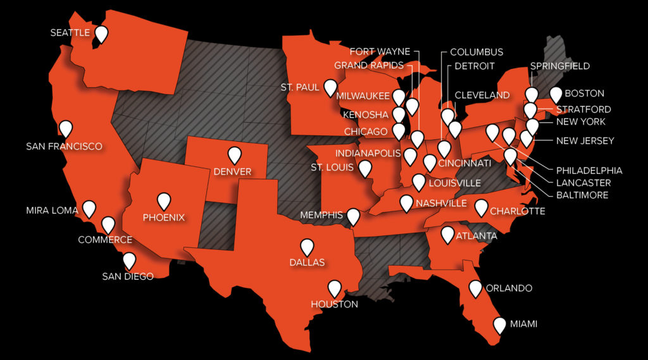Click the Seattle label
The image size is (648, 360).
(70, 32)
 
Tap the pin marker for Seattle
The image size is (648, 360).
(101, 34)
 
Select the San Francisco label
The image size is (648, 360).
(64, 146)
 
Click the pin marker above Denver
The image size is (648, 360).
(235, 154)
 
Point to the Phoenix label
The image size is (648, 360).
(164, 217)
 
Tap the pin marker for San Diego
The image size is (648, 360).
(129, 260)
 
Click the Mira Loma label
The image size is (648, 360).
(52, 209)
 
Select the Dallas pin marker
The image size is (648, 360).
(307, 246)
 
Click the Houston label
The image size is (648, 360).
(334, 304)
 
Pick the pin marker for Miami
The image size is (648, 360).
(500, 325)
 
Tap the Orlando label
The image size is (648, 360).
(509, 289)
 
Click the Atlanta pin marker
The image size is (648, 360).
(447, 234)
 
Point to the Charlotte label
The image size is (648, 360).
(517, 211)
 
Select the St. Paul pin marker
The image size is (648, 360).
(330, 87)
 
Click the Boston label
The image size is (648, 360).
(584, 94)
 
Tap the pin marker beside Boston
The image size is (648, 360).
(556, 94)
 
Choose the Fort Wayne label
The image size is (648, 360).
(380, 52)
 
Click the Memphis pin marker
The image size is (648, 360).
(354, 216)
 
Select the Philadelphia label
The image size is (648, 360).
(589, 170)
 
